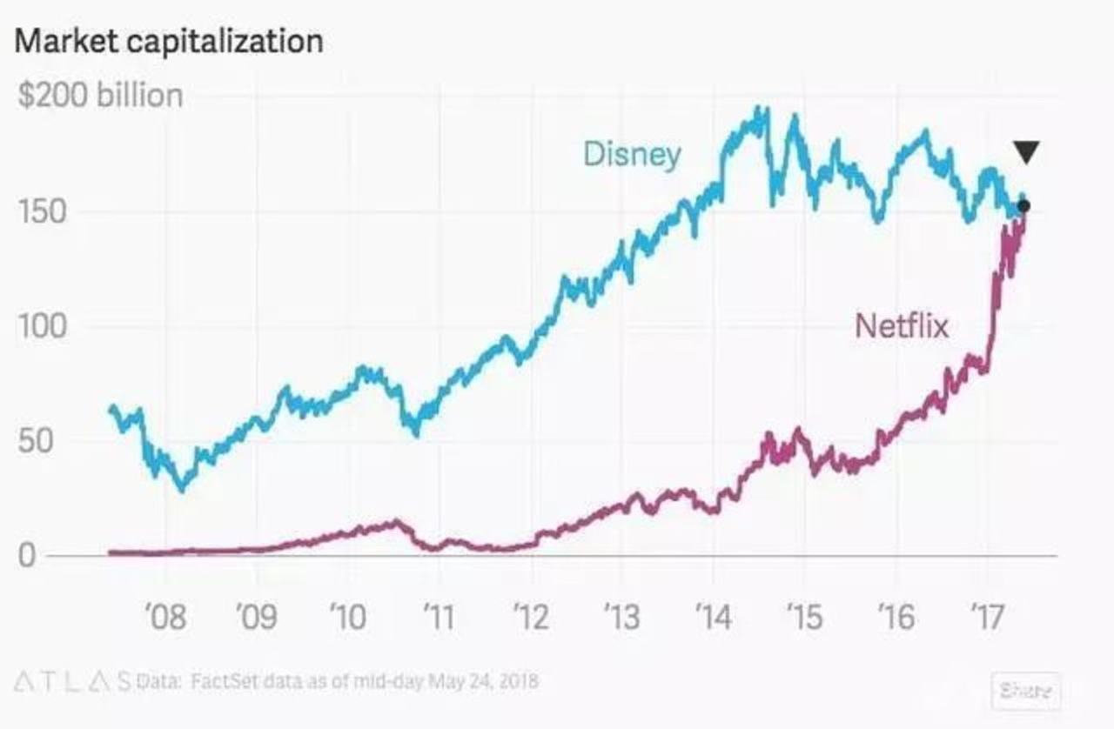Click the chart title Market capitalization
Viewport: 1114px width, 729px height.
click(170, 41)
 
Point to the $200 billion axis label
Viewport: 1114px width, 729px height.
click(100, 96)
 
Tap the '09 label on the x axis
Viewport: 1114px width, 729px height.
click(256, 617)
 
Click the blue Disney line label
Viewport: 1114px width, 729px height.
click(632, 155)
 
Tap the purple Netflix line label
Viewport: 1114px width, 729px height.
click(902, 326)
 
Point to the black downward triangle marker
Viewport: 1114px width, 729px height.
click(1026, 152)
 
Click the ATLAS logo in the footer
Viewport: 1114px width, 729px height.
click(73, 680)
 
